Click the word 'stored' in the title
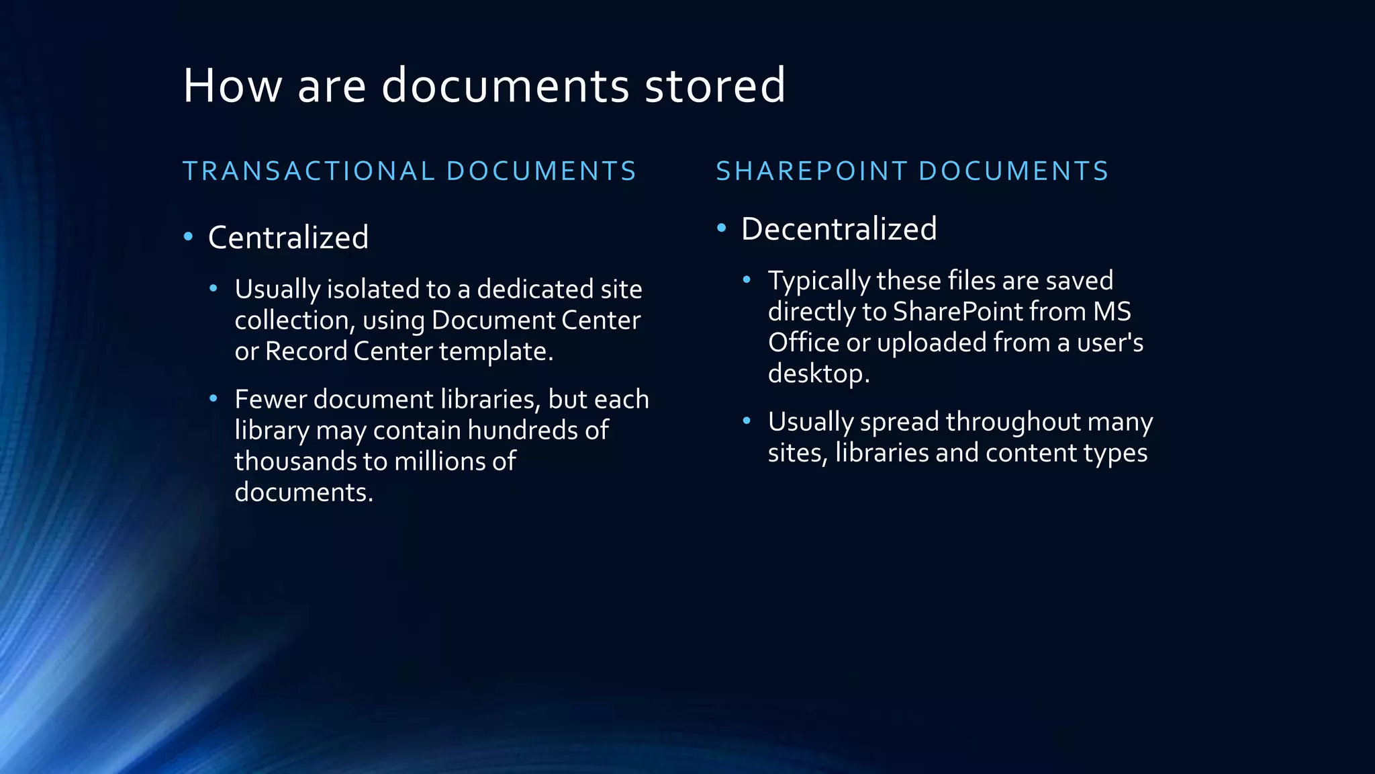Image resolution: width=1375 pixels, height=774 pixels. (x=715, y=85)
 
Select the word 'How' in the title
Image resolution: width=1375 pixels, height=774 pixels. (x=232, y=85)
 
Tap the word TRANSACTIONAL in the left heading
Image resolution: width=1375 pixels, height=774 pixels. (x=309, y=171)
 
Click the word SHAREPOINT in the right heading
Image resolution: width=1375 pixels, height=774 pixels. (x=812, y=171)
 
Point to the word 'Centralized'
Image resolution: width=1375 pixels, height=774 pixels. (x=288, y=238)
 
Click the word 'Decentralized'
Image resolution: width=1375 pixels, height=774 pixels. (x=839, y=229)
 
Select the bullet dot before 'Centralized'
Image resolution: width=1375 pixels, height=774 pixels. (x=189, y=236)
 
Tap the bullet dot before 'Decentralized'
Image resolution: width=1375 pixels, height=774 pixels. (x=722, y=228)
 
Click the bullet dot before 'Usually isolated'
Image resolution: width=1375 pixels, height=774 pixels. (x=214, y=289)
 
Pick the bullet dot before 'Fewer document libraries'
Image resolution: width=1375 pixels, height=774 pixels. (x=214, y=399)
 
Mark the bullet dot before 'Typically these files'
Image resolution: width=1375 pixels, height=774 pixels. (x=747, y=280)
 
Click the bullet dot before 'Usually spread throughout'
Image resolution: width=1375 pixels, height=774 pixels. (x=747, y=421)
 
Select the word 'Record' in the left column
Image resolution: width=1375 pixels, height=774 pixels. (x=305, y=351)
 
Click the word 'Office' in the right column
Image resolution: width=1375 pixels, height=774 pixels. (x=803, y=343)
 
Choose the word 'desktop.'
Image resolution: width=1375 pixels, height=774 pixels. (x=818, y=374)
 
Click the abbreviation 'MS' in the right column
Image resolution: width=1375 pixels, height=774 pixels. (x=1112, y=312)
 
